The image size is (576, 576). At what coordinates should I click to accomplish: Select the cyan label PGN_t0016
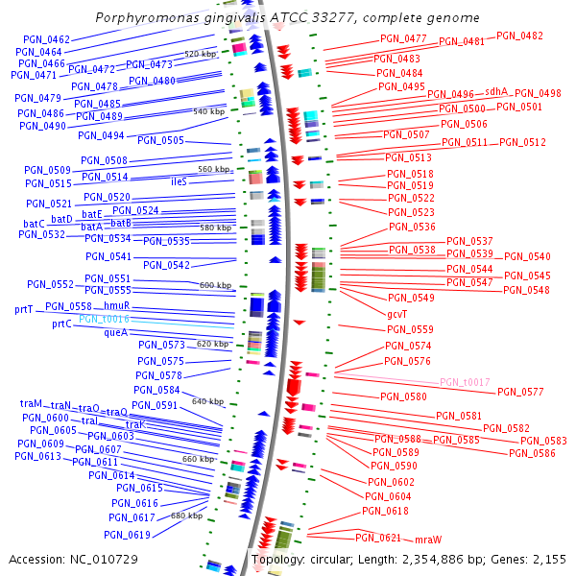click(x=104, y=318)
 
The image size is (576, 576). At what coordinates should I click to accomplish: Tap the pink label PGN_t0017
click(x=465, y=381)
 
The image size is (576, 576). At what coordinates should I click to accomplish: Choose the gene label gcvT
click(x=396, y=313)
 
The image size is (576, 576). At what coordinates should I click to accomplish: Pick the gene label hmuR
click(x=117, y=305)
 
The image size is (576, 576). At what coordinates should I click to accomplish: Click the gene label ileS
click(x=179, y=181)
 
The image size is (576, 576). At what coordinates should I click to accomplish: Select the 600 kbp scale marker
click(x=215, y=285)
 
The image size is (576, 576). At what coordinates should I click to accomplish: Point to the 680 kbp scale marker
click(x=186, y=516)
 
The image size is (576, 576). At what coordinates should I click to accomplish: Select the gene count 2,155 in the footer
click(x=545, y=559)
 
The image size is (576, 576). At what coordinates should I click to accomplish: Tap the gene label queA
click(x=115, y=332)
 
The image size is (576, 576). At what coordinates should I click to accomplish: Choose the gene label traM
click(x=32, y=404)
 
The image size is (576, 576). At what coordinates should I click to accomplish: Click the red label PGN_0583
click(x=537, y=441)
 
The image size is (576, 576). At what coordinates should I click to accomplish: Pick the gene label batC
click(x=35, y=223)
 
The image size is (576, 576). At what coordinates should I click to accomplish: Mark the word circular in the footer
click(x=339, y=559)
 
